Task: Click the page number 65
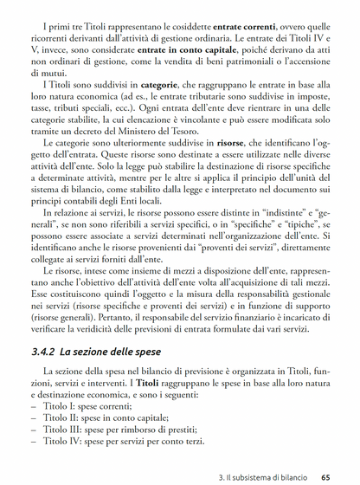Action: (x=325, y=475)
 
